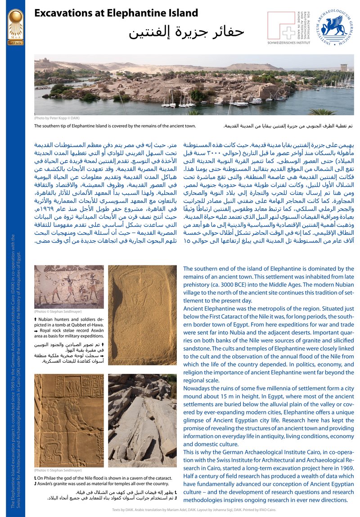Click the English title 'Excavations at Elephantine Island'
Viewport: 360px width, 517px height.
coord(116,13)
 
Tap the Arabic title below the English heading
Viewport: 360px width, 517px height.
coord(186,32)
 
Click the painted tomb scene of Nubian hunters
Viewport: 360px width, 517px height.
coord(68,287)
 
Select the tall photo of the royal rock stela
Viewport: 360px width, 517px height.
coord(142,315)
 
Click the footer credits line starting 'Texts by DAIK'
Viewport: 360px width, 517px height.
coord(194,510)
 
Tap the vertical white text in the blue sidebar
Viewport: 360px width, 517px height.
coord(16,369)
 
